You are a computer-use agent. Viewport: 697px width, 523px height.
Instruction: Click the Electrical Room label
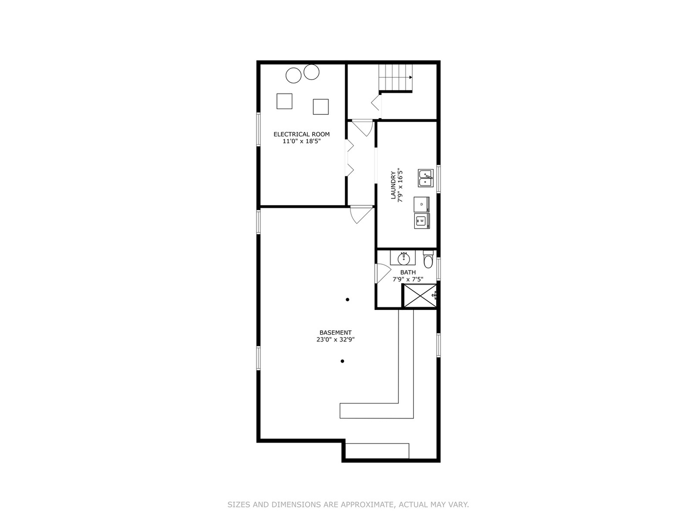[x=302, y=134]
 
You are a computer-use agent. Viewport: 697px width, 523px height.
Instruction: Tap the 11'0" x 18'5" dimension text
[x=302, y=141]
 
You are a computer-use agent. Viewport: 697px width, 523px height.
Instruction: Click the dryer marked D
[x=422, y=204]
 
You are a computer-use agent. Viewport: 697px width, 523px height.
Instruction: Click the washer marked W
[x=422, y=221]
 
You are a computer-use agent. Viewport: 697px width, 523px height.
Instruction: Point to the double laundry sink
[x=426, y=178]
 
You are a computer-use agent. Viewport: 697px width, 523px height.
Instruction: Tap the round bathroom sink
[x=403, y=259]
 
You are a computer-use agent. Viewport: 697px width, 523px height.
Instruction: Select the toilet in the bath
[x=428, y=261]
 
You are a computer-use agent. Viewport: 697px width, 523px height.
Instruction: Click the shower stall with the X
[x=419, y=296]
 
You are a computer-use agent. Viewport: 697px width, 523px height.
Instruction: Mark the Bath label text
[x=408, y=272]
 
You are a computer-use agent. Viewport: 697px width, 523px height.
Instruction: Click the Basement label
[x=335, y=333]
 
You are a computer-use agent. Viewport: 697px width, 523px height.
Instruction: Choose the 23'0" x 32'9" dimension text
[x=335, y=340]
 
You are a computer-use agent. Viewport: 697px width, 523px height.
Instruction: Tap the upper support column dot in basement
[x=348, y=300]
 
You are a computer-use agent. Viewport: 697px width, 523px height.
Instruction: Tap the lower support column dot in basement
[x=342, y=361]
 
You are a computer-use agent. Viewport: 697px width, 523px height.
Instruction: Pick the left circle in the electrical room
[x=293, y=75]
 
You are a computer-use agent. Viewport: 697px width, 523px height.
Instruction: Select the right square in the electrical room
[x=320, y=107]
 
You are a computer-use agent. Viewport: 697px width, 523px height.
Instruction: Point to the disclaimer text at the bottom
[x=348, y=505]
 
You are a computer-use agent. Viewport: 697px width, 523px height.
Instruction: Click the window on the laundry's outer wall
[x=439, y=179]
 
